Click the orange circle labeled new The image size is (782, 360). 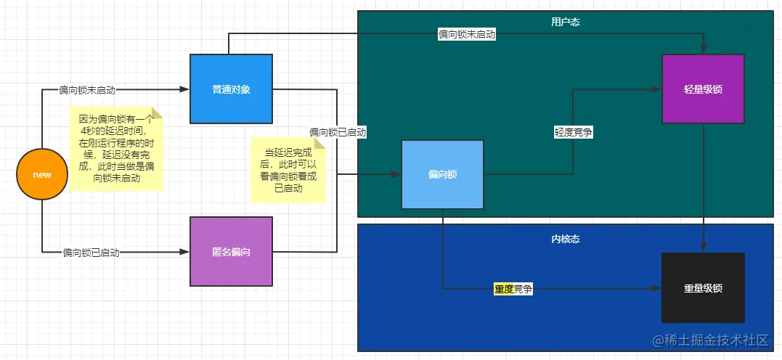[42, 175]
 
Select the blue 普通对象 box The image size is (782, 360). [231, 89]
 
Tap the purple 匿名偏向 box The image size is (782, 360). [231, 251]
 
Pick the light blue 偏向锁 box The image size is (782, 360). [442, 175]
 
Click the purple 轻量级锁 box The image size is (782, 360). [703, 89]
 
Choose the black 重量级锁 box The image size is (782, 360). [703, 288]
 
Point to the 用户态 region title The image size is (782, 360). [565, 22]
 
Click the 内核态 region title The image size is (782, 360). [565, 239]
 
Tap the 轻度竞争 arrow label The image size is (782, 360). [573, 132]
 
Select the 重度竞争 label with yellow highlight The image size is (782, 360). [513, 289]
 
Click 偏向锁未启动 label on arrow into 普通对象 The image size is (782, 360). [87, 90]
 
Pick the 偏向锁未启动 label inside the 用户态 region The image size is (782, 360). [467, 34]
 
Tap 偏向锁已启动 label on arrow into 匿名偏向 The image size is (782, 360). [91, 253]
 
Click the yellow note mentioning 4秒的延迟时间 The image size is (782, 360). [117, 148]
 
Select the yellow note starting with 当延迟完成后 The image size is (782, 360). [288, 171]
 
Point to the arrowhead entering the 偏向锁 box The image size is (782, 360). [396, 175]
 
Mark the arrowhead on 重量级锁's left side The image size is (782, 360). [656, 288]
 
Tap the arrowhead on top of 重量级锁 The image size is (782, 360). [703, 248]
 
